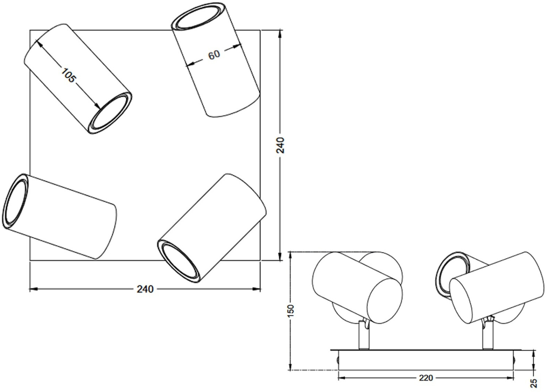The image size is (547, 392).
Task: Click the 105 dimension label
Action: (68, 75)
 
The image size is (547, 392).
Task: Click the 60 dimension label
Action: (214, 55)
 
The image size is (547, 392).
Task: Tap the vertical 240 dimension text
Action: (280, 145)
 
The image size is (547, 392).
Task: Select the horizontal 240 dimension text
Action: (145, 289)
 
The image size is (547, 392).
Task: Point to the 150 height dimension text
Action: (291, 311)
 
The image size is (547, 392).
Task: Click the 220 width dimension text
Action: (426, 378)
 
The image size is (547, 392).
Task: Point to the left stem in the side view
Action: (364, 336)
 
